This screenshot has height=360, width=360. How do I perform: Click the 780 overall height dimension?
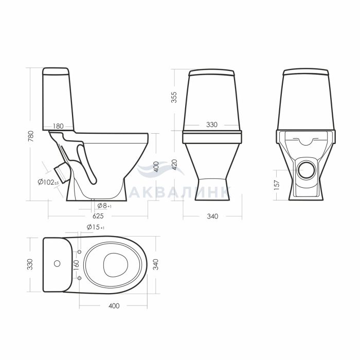tap(31, 136)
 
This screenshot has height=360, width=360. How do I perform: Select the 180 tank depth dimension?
tap(58, 126)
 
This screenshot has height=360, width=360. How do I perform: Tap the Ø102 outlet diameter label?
tap(48, 182)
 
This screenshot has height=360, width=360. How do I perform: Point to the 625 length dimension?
tap(98, 216)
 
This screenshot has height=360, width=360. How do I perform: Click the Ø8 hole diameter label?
tap(104, 206)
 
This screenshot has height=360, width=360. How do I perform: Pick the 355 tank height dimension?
tap(174, 97)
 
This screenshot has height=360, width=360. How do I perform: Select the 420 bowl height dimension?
tap(174, 165)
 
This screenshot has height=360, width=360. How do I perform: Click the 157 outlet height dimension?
tap(277, 185)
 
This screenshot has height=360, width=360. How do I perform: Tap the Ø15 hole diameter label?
tap(96, 227)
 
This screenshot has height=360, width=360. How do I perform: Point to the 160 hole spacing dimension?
tap(77, 264)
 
